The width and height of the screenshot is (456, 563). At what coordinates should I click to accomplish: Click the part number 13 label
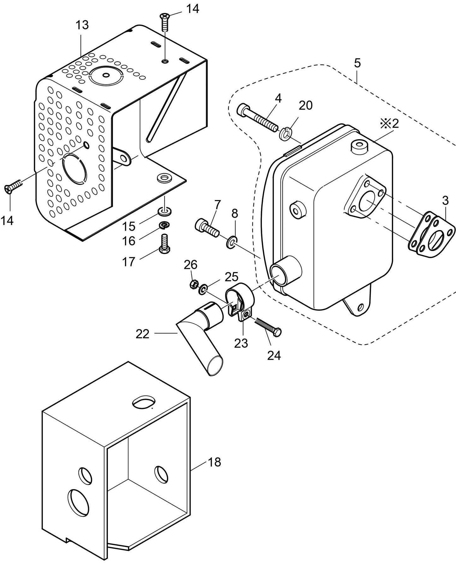82,25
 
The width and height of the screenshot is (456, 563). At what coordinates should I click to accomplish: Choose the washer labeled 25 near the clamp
202,289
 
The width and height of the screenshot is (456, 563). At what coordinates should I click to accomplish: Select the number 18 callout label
214,462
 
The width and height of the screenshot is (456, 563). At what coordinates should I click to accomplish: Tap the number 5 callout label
357,63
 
